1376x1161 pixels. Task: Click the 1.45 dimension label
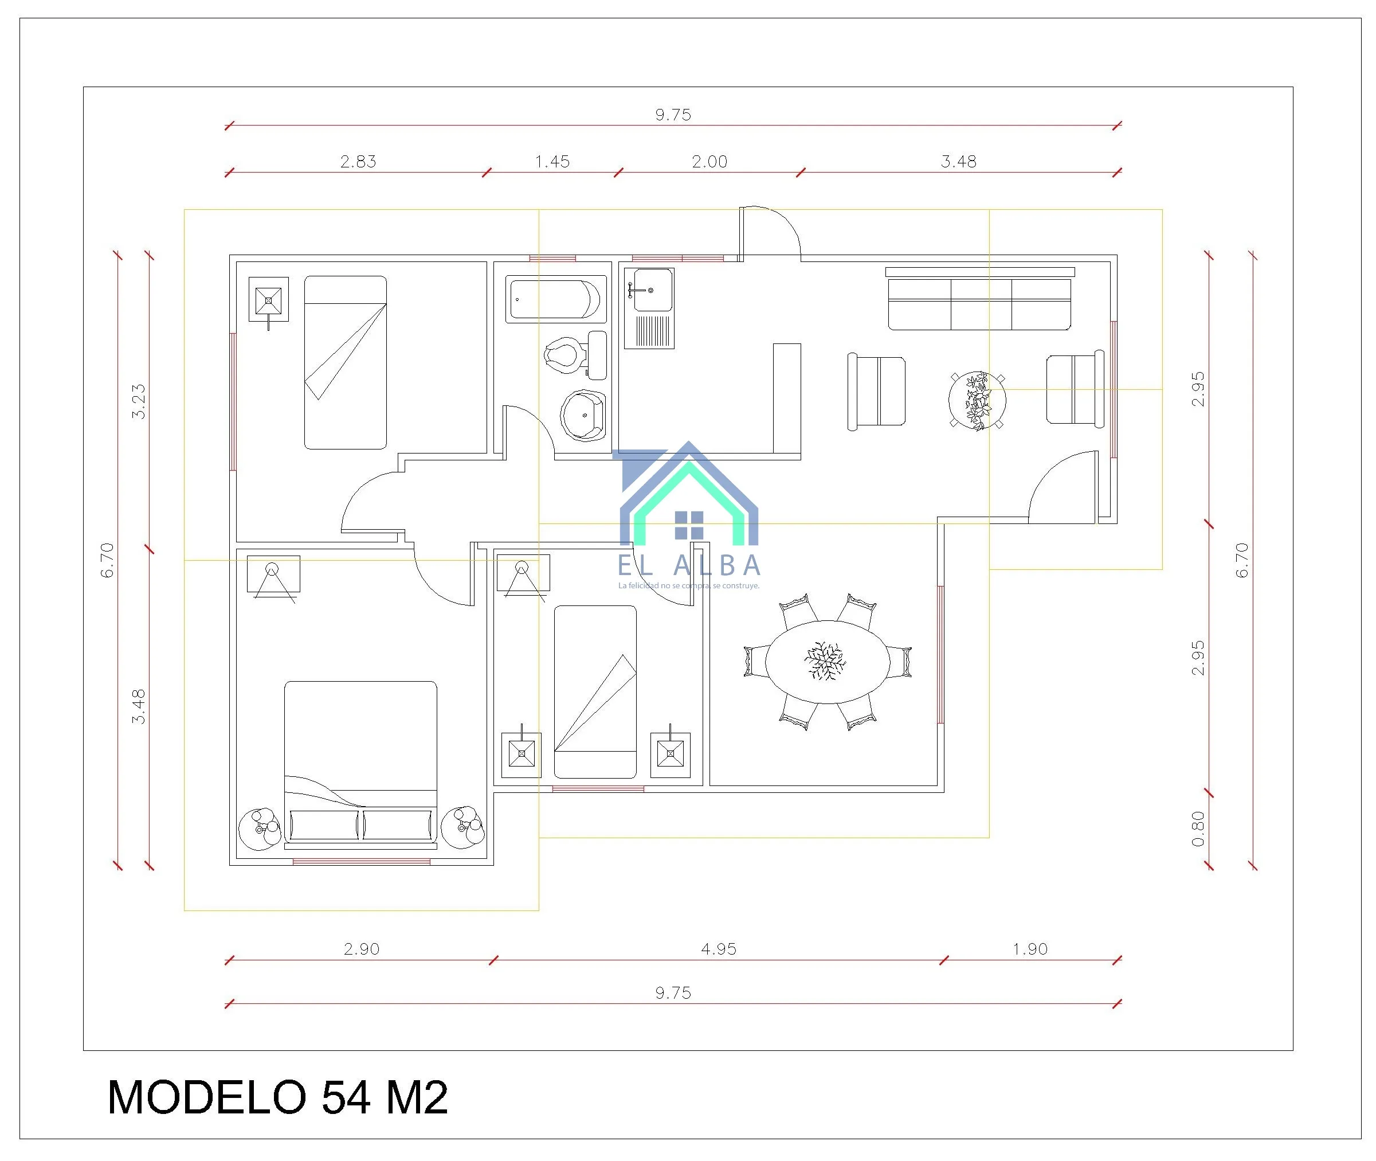click(x=552, y=162)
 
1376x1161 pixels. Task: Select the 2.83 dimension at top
click(x=358, y=162)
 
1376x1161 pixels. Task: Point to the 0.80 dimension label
click(x=1198, y=829)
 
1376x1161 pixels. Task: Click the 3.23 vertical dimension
click(x=138, y=401)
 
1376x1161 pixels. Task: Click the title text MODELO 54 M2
click(x=277, y=1098)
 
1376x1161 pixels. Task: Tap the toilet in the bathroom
click(x=575, y=355)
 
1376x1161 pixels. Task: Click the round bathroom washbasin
click(x=583, y=415)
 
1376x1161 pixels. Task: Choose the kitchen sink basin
click(x=652, y=290)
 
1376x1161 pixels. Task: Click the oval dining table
click(x=828, y=662)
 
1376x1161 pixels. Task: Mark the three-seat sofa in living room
click(x=979, y=304)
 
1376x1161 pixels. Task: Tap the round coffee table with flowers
click(x=977, y=400)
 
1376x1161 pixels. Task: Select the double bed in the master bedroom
click(x=360, y=764)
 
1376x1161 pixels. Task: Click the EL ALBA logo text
click(x=689, y=565)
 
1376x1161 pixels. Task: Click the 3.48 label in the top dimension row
click(x=958, y=162)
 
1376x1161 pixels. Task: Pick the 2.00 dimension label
click(x=709, y=162)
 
